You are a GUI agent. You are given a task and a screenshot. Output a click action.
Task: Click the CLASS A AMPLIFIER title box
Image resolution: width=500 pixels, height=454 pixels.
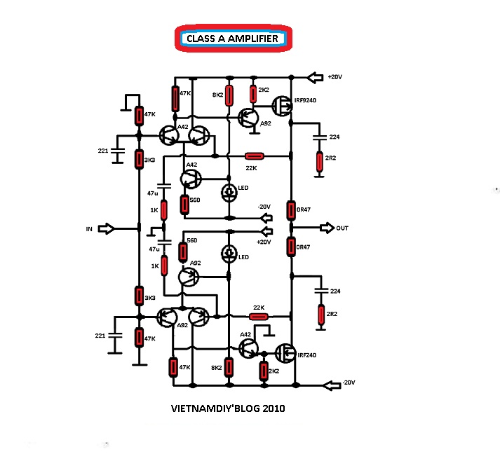pos(234,39)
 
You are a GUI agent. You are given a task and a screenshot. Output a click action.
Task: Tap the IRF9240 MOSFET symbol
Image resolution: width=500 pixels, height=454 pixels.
pos(282,106)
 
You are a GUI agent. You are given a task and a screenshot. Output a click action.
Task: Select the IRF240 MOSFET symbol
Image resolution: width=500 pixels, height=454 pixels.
pos(285,353)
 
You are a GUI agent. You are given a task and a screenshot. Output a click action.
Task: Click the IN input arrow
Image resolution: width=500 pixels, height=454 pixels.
pos(106,229)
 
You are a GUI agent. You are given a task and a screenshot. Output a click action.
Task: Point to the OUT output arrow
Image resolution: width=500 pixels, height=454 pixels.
pos(327,228)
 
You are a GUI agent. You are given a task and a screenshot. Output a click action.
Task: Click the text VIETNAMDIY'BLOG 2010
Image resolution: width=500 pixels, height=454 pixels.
pos(228,408)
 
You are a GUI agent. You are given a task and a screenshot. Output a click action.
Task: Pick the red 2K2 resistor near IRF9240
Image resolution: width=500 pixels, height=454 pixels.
pos(253,94)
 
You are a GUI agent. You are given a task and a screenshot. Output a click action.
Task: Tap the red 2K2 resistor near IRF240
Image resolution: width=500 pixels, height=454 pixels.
pos(264,371)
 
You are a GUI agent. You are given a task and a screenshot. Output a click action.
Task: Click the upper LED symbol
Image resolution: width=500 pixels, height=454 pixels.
pos(229,192)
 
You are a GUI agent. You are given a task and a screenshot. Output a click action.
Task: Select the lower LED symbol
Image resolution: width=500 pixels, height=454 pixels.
pos(229,254)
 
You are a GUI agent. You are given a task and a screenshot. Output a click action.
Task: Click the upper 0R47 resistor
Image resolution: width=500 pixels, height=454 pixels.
pos(291,210)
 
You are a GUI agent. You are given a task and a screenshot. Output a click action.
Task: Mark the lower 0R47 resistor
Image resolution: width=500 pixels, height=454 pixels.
pos(291,247)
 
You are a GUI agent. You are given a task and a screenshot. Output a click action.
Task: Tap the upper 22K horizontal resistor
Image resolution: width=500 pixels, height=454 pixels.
pos(254,156)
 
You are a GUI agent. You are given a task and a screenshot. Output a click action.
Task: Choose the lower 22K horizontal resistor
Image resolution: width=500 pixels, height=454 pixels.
pos(259,317)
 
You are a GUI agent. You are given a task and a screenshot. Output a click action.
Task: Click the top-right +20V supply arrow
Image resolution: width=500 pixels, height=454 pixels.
pos(315,77)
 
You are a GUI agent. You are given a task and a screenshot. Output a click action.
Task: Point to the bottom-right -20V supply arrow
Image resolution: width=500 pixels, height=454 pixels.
pos(332,385)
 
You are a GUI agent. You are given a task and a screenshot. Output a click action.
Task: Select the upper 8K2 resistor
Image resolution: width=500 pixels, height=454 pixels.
pos(229,95)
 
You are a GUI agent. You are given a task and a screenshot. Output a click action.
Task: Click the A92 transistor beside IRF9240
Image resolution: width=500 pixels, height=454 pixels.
pos(249,117)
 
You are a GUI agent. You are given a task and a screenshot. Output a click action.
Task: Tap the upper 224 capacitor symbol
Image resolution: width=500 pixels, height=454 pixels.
pos(319,137)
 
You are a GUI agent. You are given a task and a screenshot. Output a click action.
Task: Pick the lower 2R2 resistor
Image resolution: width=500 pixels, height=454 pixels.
pos(321,315)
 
